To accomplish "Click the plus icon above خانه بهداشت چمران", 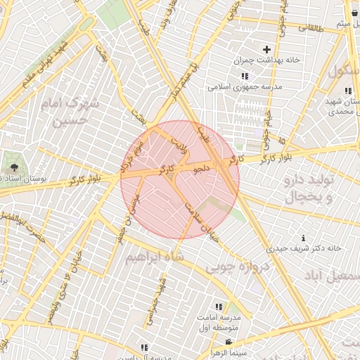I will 266,49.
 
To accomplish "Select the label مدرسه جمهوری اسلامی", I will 244,87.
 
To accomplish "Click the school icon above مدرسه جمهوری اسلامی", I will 244,76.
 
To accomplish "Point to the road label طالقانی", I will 311,27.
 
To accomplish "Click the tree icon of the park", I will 14,167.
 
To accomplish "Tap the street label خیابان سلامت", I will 199,216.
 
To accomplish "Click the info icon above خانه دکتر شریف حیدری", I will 303,238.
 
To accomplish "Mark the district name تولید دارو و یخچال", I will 311,188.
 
